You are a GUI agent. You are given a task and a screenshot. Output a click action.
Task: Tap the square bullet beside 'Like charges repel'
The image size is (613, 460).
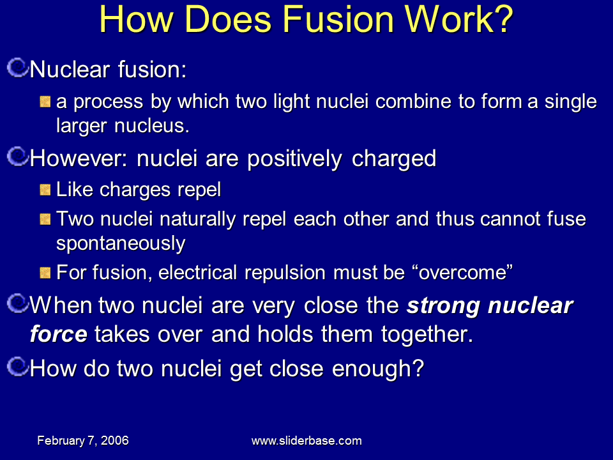click(x=45, y=190)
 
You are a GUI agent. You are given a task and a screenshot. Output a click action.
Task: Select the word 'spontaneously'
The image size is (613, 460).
click(x=121, y=243)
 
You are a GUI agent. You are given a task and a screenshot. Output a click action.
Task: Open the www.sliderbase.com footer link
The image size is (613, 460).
click(x=306, y=440)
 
